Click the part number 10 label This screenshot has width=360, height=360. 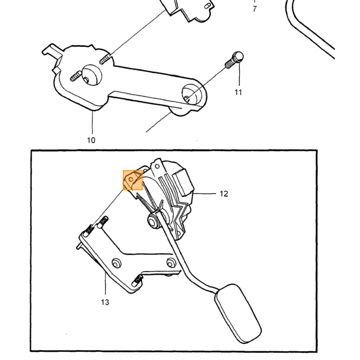(91, 140)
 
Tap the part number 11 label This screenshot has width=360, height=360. (238, 92)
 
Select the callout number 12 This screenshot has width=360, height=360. (224, 194)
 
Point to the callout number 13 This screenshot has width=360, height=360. (105, 302)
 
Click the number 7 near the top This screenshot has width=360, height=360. (255, 9)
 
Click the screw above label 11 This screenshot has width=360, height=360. (234, 60)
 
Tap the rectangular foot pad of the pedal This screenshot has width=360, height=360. (238, 314)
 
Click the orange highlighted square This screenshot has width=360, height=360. (133, 180)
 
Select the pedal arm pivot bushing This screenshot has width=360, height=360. (153, 221)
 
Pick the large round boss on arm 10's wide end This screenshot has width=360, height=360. (92, 75)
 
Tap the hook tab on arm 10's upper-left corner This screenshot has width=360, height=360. (51, 50)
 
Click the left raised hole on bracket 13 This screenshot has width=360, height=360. (116, 263)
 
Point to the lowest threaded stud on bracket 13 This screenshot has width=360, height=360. (137, 281)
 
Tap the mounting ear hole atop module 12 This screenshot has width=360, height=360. (157, 166)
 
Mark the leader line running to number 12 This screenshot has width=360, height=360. (205, 194)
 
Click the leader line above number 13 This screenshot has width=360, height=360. (105, 283)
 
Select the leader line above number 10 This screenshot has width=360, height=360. (93, 122)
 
